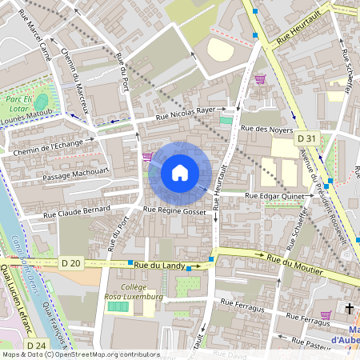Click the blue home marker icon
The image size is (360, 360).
tap(179, 173)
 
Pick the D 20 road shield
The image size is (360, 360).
tap(70, 262)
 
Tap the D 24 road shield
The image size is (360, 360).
tap(34, 344)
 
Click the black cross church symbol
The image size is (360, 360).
tap(349, 307)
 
